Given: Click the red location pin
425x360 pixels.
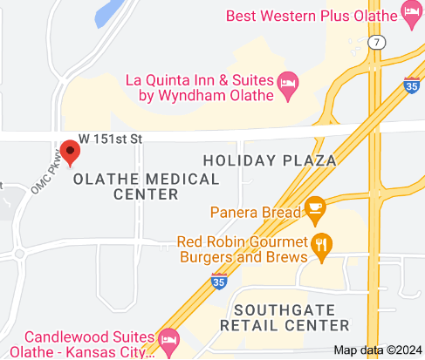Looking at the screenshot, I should click(69, 152).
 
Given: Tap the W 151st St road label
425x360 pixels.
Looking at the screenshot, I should click(110, 138).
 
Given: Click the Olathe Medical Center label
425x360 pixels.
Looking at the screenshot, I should click(146, 186).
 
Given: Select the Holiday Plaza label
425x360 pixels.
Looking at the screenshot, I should click(269, 160).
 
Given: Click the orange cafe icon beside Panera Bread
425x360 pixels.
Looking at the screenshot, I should click(315, 209).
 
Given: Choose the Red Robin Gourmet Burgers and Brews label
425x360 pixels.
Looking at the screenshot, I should click(242, 248).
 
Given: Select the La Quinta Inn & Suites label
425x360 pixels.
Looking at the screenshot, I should click(201, 87).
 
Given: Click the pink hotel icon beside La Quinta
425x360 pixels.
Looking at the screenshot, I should click(288, 85).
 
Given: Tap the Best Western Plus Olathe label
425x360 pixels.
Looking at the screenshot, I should click(312, 16).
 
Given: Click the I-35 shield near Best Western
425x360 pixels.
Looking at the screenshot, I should click(412, 85).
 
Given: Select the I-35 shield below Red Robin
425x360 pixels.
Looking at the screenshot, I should click(220, 282).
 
